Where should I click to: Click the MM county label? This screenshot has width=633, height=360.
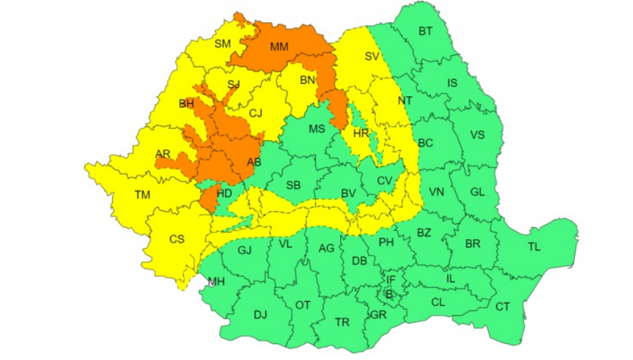click(280, 47)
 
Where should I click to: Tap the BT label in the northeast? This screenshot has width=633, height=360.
click(425, 31)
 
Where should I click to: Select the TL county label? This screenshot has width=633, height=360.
click(535, 247)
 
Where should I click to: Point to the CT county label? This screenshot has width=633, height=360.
click(502, 307)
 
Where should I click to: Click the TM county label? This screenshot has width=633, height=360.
click(143, 195)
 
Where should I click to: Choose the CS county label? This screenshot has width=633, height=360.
click(177, 239)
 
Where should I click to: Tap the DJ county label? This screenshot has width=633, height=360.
click(260, 315)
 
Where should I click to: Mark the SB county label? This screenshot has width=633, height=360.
click(294, 185)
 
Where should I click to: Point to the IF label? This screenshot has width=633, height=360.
click(391, 280)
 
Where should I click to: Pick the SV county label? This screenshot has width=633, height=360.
click(373, 57)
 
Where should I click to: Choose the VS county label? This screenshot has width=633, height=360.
click(477, 134)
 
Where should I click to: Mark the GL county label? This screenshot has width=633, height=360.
click(477, 192)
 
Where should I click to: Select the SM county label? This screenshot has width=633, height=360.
click(222, 44)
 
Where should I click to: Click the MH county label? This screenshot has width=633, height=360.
click(216, 281)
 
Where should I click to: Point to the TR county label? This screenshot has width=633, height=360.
click(342, 322)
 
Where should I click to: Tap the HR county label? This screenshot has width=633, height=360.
click(361, 134)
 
